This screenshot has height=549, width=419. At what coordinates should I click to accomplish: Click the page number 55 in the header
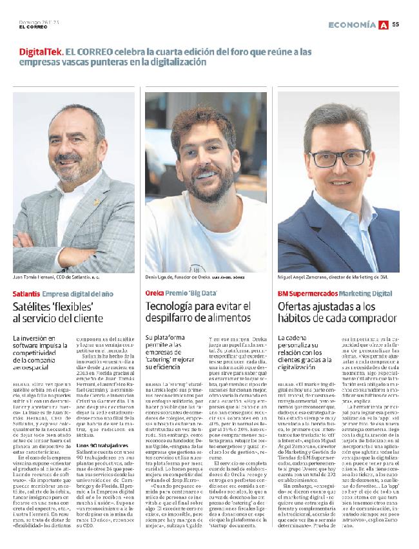[396, 24]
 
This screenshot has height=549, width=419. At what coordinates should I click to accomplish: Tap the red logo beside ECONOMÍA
[384, 24]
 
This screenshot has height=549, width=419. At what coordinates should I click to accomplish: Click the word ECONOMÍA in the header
[352, 24]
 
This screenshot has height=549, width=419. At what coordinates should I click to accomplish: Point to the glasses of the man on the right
[340, 157]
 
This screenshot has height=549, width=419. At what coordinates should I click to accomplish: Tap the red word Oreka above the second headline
[155, 293]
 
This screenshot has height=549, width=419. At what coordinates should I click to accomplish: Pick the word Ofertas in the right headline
[298, 307]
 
